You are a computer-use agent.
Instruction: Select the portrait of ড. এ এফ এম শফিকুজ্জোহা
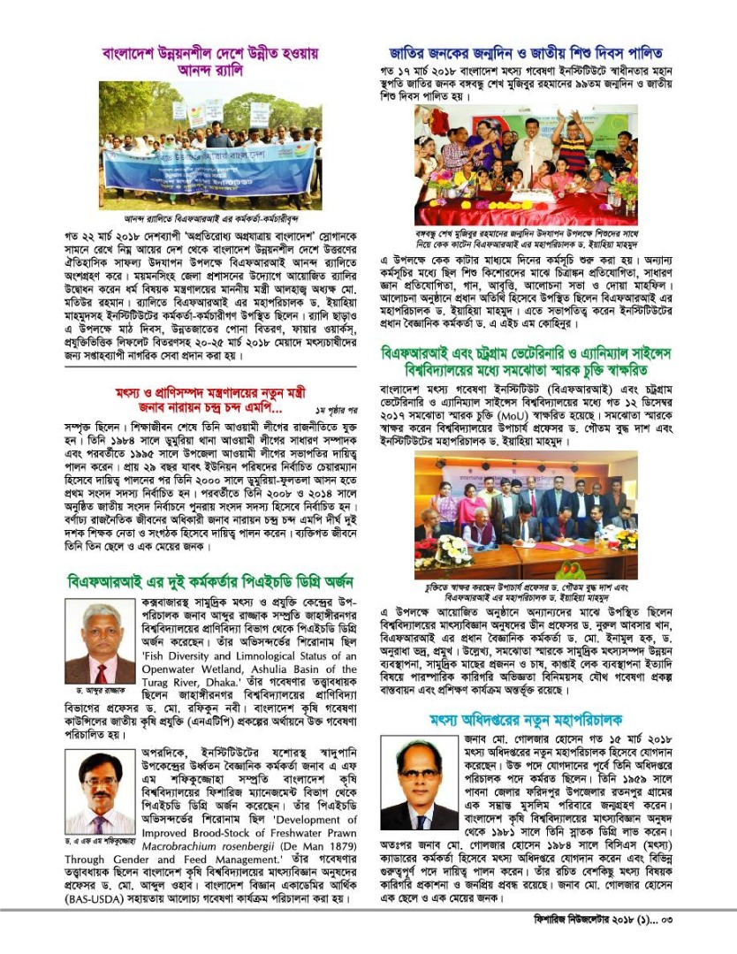pos(100,791)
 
